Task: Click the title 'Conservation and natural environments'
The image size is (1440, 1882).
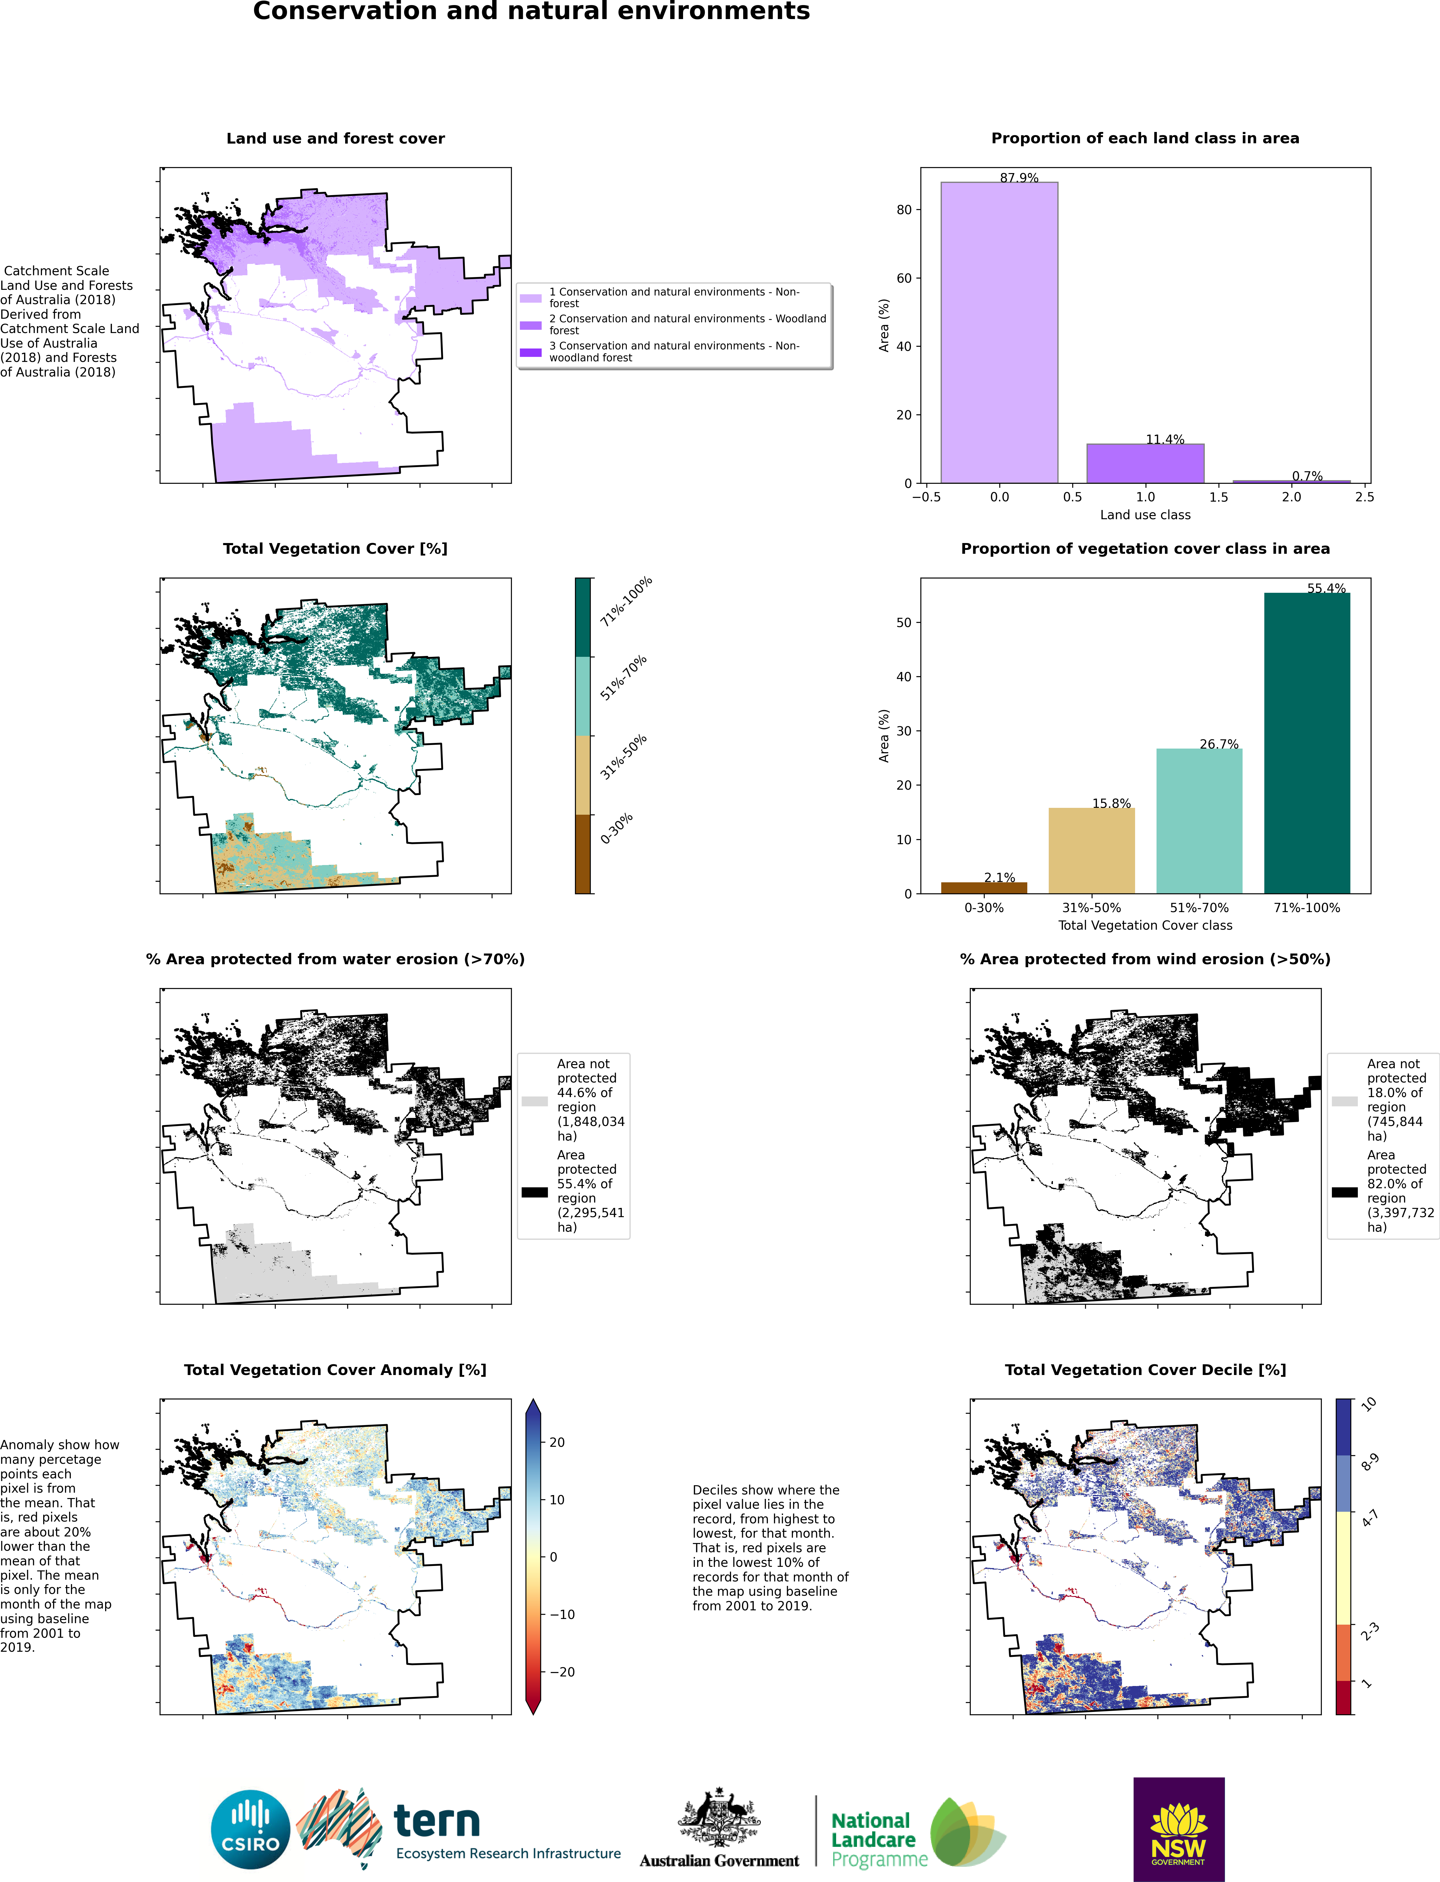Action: click(x=532, y=12)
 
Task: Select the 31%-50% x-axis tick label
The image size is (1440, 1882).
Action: click(x=1091, y=907)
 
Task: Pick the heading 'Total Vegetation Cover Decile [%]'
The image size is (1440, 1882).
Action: click(x=1145, y=1369)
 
